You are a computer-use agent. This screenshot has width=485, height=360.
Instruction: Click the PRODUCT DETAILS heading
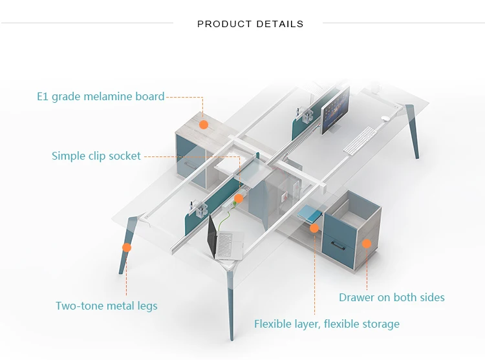coord(250,24)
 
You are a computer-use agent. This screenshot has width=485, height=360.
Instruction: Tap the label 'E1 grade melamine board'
coord(100,96)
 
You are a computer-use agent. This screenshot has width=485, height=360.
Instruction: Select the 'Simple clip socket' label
coord(96,156)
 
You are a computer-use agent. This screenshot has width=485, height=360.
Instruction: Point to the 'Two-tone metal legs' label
coord(107,306)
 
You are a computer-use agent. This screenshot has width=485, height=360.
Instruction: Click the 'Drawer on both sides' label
coord(392,297)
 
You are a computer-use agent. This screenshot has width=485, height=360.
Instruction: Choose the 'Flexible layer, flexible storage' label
coord(327,324)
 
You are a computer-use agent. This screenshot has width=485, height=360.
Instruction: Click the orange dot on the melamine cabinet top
coord(204,125)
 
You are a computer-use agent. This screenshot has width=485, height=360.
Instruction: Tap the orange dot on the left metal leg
coord(127,247)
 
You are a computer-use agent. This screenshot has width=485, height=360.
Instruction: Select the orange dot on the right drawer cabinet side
coord(367,244)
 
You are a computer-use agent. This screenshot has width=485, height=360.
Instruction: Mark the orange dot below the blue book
coord(314,228)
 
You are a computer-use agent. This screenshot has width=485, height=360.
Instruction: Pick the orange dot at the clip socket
coord(239,198)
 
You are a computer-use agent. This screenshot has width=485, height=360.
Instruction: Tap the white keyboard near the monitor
coord(360,141)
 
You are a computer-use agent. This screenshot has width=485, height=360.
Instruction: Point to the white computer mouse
coord(385,118)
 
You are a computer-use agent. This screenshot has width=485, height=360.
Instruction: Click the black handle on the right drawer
coord(338,245)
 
